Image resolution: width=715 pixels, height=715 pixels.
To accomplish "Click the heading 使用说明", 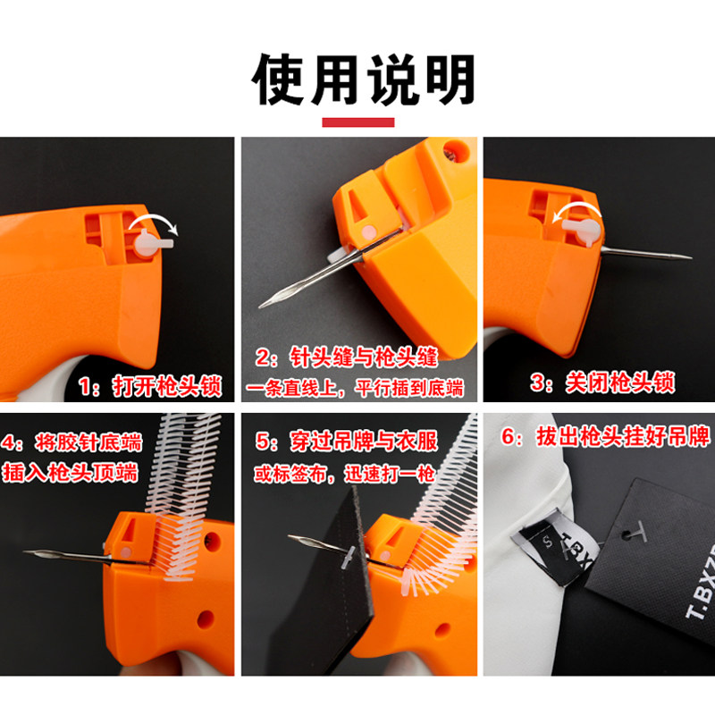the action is coord(364,80).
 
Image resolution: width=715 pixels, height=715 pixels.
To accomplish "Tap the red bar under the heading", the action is coord(358,122).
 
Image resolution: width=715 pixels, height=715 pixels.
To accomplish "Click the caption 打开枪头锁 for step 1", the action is coord(166,387).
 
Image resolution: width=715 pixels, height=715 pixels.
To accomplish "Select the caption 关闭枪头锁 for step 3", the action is coord(620,383).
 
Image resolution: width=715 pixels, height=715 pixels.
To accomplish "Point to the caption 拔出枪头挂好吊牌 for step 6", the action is coord(623,436).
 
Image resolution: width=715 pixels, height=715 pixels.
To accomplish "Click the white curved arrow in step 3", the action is coord(576,209).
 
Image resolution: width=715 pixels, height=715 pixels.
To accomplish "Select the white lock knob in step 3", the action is coord(582,230).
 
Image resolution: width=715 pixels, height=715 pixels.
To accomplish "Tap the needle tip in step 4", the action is coord(25,551).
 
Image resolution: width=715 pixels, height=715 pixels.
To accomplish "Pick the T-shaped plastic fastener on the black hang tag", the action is coord(635,532).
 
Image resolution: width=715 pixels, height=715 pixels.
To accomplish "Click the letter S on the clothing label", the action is coord(548,543).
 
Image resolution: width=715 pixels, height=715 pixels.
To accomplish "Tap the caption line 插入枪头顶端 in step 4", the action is coord(70,472).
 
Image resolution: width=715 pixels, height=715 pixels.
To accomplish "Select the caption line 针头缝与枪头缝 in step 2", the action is coord(364,357).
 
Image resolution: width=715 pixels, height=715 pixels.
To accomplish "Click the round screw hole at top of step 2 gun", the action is coord(456,150).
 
